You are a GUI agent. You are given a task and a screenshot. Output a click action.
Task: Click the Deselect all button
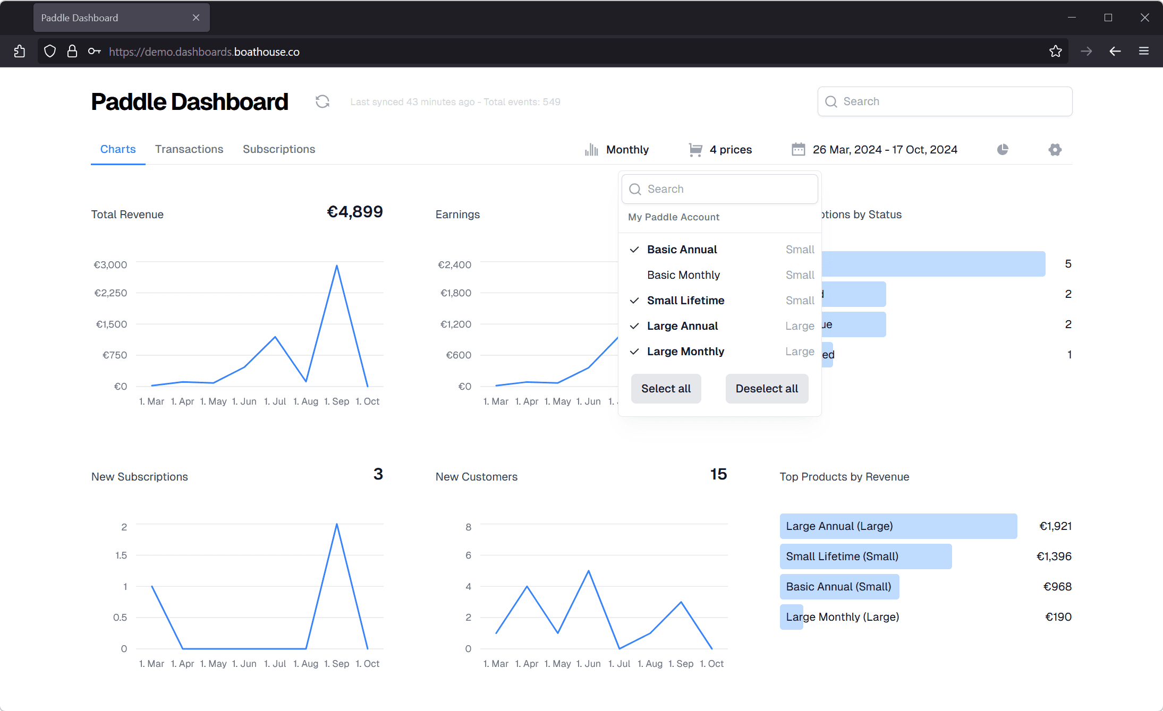tap(767, 389)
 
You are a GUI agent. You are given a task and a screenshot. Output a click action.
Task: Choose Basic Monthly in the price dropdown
tap(683, 275)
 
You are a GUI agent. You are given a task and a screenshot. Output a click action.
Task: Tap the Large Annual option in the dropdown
tap(682, 326)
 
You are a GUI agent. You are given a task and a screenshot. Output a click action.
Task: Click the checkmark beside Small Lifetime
tap(634, 301)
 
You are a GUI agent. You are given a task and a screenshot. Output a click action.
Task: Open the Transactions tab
tap(189, 149)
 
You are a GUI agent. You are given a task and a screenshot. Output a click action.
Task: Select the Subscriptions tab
tap(279, 149)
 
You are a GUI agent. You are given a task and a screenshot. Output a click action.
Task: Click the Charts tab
tap(118, 149)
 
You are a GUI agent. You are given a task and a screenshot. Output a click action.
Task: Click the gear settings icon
tap(1055, 150)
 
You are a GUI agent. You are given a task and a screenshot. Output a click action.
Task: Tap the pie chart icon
tap(1003, 150)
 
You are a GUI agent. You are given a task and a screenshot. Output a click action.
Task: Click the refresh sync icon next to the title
tap(322, 101)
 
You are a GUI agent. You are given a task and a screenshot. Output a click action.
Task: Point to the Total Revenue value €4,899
tap(354, 212)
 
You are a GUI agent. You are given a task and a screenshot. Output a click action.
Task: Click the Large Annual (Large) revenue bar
tap(898, 526)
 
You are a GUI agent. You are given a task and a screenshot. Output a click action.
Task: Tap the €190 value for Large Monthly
tap(1058, 617)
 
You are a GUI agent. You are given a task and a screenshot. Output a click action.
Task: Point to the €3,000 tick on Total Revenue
tap(111, 265)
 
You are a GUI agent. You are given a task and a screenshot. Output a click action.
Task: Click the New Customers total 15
tap(718, 474)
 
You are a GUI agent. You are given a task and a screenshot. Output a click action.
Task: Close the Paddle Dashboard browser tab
tap(196, 18)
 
